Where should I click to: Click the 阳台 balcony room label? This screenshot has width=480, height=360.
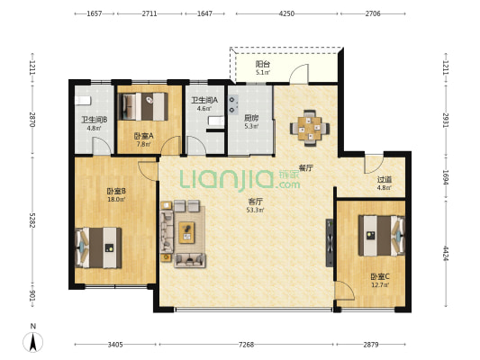point(263,64)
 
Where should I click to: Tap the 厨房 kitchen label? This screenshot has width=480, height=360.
point(251,118)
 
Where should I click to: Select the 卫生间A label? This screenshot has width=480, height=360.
point(204,100)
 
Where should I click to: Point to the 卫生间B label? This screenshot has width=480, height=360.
point(94,120)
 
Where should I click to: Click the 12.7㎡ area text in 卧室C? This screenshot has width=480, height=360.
point(380,285)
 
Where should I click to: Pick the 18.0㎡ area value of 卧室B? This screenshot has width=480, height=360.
point(116,200)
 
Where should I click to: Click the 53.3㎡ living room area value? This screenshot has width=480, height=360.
point(255,210)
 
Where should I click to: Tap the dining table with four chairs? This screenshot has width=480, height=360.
point(310,128)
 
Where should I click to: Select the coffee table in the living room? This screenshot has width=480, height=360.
point(186,232)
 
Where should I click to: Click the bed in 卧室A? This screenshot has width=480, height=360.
point(143,106)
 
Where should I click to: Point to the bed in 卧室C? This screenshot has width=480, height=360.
point(382,236)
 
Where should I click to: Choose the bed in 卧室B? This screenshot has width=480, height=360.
point(98,247)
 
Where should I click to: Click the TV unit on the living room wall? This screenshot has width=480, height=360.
point(330,242)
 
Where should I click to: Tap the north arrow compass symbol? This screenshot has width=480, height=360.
point(33,341)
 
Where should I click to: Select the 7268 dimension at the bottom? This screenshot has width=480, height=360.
point(246,345)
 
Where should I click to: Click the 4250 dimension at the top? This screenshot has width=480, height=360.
point(287,13)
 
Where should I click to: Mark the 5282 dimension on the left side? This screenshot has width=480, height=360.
point(32,220)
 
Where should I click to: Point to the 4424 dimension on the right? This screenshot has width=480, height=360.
point(446,253)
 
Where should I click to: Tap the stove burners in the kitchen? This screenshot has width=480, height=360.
point(233,104)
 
